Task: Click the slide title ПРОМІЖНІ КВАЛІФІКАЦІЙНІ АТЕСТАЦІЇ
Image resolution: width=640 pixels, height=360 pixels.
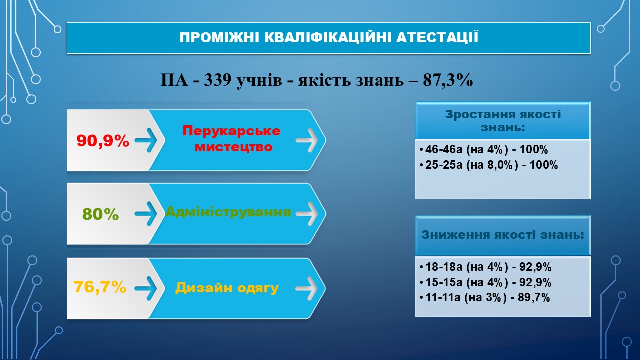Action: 329,38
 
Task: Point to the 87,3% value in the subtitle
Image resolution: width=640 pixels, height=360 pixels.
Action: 448,80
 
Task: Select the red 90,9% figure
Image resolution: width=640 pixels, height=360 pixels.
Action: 103,141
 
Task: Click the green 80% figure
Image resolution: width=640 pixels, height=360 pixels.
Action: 100,214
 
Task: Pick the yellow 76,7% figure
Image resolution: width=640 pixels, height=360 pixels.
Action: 100,287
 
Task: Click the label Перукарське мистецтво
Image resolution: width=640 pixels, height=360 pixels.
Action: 231,139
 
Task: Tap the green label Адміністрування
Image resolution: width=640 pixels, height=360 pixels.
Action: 228,212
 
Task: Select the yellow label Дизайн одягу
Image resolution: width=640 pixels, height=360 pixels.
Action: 227,287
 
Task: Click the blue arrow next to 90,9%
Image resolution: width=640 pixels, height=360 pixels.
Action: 146,140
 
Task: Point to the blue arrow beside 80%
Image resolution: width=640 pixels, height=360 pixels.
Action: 146,214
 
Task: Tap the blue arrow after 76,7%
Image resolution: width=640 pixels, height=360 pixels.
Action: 146,288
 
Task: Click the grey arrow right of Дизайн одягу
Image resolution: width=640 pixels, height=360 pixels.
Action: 307,288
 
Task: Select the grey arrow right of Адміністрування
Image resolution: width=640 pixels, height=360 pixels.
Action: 307,214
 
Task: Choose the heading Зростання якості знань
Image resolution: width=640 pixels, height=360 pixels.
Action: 503,121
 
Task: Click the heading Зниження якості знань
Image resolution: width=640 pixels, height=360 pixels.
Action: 503,235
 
